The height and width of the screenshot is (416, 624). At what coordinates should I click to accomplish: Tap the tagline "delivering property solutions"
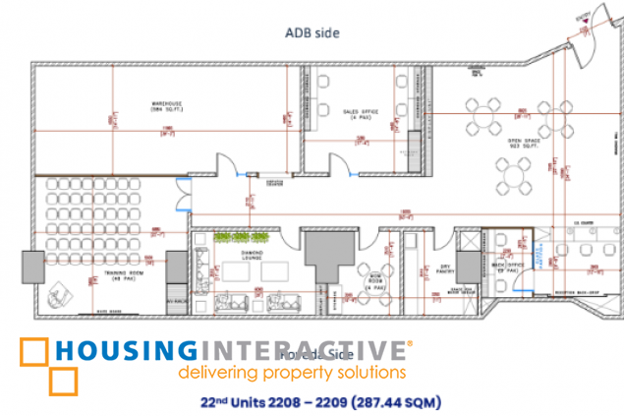291,374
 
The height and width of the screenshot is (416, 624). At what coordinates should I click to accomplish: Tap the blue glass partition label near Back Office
539,252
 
